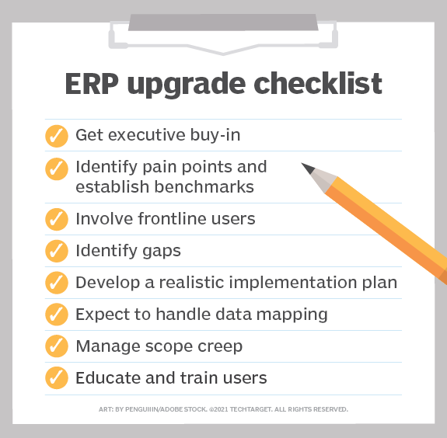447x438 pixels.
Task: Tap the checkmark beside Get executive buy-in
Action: point(56,135)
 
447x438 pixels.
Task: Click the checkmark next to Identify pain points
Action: point(56,168)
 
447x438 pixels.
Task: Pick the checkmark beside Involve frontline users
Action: point(56,218)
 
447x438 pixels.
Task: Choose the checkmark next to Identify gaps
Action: point(56,251)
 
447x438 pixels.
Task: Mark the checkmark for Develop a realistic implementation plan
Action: point(56,283)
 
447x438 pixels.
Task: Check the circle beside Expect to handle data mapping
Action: point(56,315)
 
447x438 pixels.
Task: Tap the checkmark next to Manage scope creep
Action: point(56,346)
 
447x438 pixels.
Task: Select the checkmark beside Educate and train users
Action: point(56,378)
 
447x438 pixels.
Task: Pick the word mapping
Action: point(292,315)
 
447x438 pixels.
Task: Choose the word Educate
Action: point(105,378)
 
